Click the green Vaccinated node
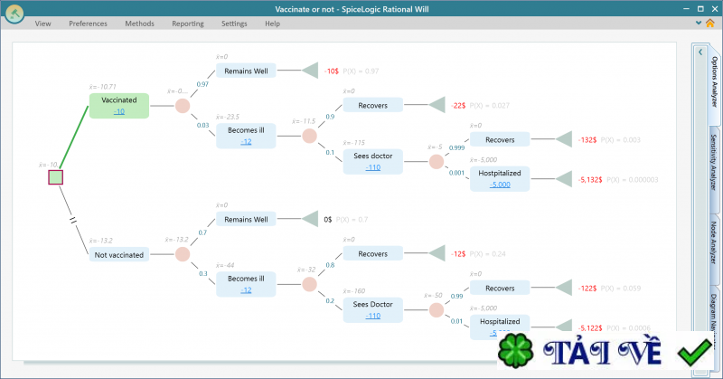point(119,99)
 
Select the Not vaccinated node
point(119,255)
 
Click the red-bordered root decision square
point(55,177)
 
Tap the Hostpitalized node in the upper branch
point(500,172)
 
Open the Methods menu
point(139,24)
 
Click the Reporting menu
point(187,24)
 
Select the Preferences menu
point(88,24)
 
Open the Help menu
point(272,24)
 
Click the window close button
point(709,8)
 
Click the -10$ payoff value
point(332,71)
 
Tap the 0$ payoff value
point(328,219)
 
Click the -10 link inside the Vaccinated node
point(119,110)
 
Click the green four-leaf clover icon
point(518,354)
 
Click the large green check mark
point(697,352)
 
